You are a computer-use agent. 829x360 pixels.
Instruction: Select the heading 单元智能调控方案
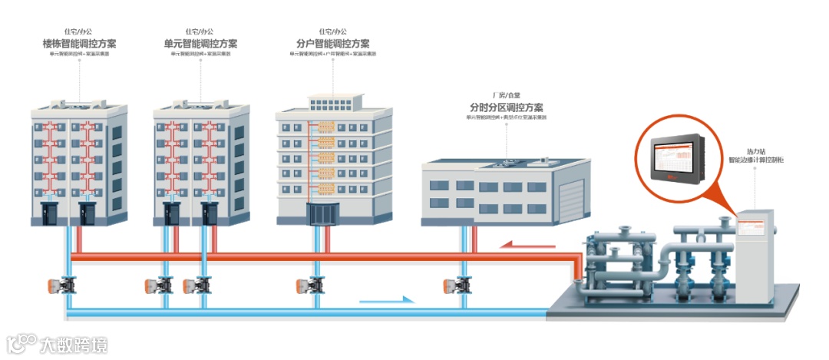click(x=200, y=44)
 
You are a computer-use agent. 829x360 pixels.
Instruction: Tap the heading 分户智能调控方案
click(x=332, y=44)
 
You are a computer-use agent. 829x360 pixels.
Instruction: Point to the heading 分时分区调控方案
click(x=506, y=107)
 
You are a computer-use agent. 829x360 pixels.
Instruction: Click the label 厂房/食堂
click(x=506, y=94)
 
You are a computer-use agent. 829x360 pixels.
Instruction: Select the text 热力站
click(x=755, y=151)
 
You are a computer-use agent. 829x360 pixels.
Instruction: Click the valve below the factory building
click(x=460, y=286)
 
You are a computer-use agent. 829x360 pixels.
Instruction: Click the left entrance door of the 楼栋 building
click(x=51, y=213)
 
